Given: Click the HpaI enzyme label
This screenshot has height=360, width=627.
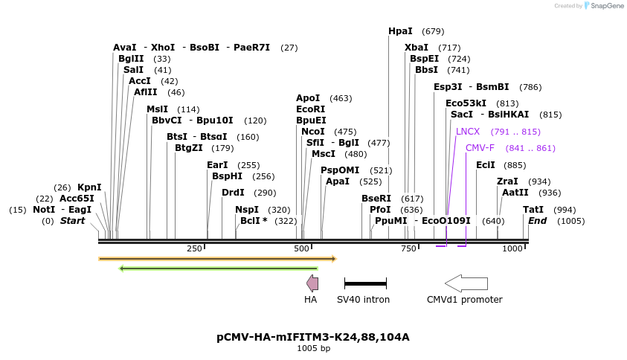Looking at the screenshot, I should [x=400, y=31].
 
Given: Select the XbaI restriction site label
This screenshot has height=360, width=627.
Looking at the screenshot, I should [x=417, y=48].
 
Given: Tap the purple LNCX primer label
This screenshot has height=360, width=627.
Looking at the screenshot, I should [x=468, y=132].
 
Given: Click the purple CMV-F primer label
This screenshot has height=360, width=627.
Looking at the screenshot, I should [x=480, y=148].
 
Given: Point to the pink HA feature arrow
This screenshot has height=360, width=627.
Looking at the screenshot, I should [x=312, y=283].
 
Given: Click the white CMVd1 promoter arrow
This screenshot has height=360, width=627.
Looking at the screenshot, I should [x=466, y=283].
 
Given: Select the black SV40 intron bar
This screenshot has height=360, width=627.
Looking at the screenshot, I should [x=365, y=283].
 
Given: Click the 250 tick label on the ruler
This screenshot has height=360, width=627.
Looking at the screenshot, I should [x=195, y=248].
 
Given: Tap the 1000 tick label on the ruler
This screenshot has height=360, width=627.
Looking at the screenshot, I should [x=512, y=248].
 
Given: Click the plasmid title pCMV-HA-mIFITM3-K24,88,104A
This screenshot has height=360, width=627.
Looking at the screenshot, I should [x=313, y=337].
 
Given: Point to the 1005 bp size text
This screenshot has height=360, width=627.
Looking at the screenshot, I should [x=313, y=348].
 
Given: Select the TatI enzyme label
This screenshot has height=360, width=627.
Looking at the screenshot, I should [x=533, y=210].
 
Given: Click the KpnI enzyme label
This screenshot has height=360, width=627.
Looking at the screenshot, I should [x=89, y=187].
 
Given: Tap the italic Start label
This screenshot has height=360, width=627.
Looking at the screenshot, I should [x=73, y=221].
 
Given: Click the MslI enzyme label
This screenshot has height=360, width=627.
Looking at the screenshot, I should [x=157, y=109].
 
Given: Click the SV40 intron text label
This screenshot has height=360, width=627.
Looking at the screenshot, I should [x=363, y=300].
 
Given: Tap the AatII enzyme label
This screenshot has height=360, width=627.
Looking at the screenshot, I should [x=515, y=193].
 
